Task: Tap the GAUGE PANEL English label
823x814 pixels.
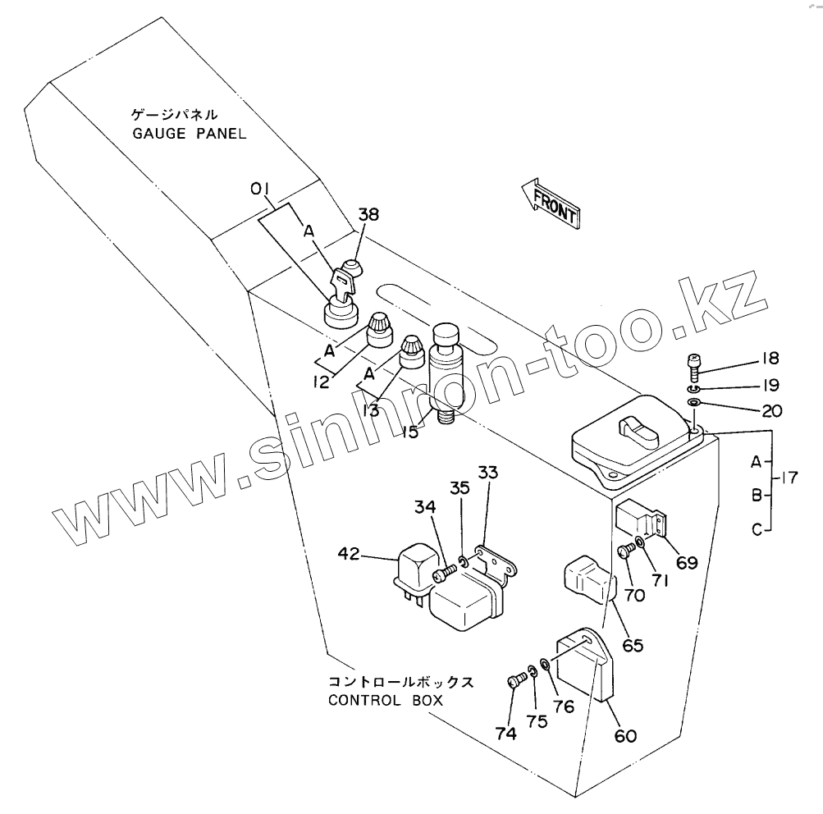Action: tap(190, 133)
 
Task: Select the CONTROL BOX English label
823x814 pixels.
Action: tap(385, 700)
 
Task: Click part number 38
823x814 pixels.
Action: tap(369, 216)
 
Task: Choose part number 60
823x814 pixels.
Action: tap(624, 736)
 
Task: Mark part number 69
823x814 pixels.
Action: tap(686, 562)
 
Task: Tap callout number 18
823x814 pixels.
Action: tap(769, 359)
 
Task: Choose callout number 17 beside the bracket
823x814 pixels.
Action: tap(790, 478)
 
